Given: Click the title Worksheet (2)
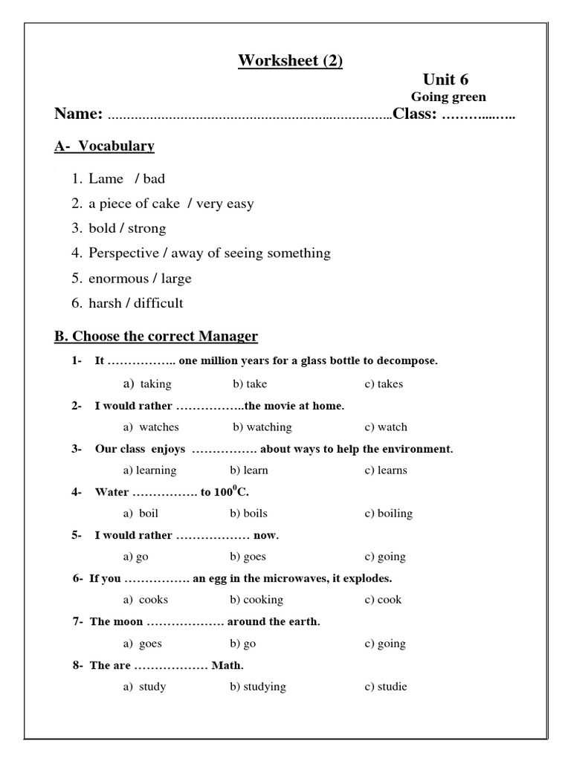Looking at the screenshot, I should [290, 60].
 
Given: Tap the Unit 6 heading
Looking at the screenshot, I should [446, 80].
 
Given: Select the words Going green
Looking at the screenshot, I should [448, 97].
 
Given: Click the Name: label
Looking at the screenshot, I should [79, 114].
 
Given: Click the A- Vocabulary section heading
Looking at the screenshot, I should [104, 146].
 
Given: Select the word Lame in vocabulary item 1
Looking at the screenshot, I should [106, 178].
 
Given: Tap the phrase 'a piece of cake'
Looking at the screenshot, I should [129, 204].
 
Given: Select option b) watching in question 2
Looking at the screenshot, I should [262, 427].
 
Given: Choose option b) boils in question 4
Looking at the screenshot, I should [248, 514].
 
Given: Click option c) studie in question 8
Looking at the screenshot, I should [385, 687].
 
